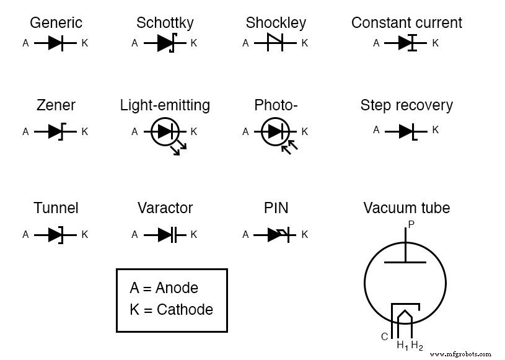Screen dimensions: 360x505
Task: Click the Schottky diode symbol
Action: [165, 43]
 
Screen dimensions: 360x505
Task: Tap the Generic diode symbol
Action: [56, 43]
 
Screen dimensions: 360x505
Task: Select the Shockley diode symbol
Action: [274, 43]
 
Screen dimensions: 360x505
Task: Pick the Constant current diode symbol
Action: [406, 43]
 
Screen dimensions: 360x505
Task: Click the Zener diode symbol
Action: [56, 131]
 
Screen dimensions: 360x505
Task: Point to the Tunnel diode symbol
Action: [56, 235]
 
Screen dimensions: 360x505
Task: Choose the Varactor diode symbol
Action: [165, 235]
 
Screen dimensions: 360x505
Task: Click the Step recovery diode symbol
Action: [406, 131]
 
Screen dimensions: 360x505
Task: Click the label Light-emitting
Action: [165, 105]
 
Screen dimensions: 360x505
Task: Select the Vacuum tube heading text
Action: [406, 208]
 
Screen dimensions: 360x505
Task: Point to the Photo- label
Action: [276, 105]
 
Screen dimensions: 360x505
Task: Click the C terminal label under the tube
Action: [384, 337]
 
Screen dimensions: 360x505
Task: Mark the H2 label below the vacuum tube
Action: [417, 345]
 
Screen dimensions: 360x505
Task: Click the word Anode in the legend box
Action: [177, 288]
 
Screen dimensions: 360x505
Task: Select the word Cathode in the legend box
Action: [185, 309]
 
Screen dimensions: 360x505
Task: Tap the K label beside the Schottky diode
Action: [194, 43]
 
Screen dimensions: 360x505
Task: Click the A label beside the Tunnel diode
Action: [25, 235]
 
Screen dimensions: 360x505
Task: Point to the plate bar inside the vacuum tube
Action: [405, 262]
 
